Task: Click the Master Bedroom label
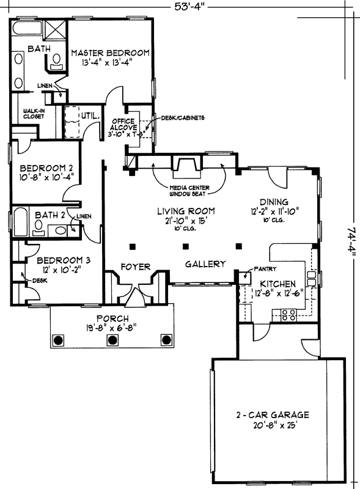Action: (110, 53)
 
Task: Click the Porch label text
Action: (112, 318)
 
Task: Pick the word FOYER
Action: (134, 267)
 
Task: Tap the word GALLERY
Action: (206, 264)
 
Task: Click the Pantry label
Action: (266, 269)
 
